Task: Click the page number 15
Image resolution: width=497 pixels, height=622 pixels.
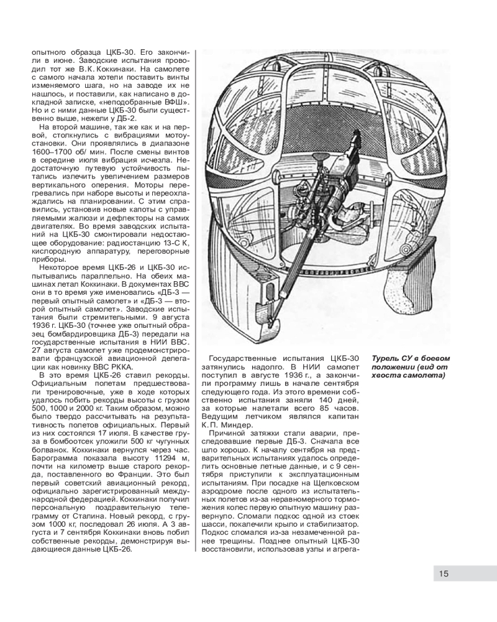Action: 444,573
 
